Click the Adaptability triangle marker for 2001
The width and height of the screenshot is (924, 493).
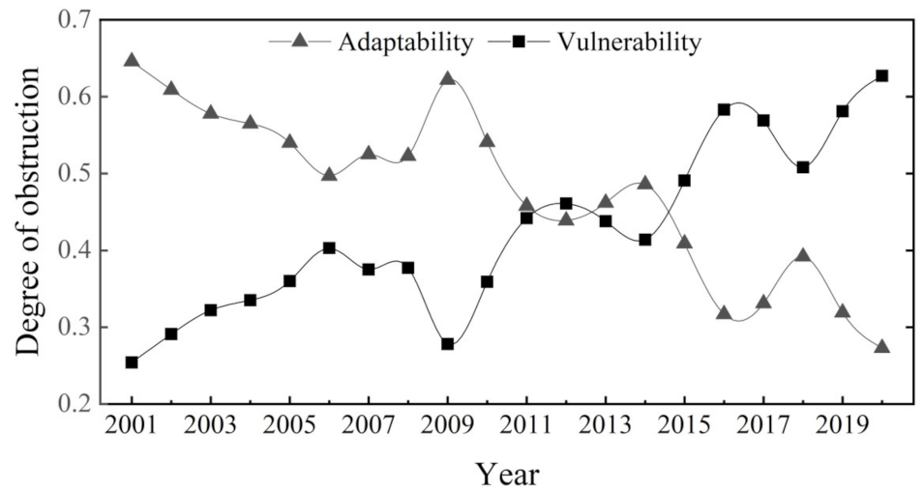pos(132,61)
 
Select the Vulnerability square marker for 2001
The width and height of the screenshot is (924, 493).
pos(132,362)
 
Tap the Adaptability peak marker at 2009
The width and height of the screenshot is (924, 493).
pos(447,79)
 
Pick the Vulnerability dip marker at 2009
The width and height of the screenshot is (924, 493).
pos(447,344)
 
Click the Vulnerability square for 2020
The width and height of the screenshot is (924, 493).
pos(881,75)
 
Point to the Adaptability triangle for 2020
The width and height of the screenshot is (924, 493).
pos(881,346)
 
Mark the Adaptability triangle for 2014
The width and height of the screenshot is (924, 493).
pos(644,183)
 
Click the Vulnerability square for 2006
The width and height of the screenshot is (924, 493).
pos(329,247)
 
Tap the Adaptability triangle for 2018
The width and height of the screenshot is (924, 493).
pos(802,256)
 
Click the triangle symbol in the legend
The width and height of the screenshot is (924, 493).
pos(300,41)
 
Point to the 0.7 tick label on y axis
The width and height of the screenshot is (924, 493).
pos(75,20)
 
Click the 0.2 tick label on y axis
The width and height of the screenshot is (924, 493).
pos(75,404)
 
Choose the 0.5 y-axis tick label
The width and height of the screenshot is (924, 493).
pos(75,174)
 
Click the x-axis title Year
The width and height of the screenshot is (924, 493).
pos(506,473)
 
